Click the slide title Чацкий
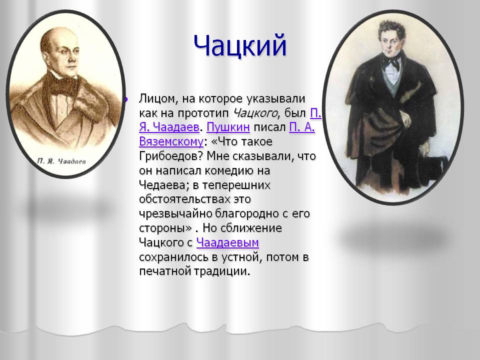click(x=240, y=46)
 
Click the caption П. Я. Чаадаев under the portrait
click(x=61, y=161)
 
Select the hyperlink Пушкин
click(x=228, y=127)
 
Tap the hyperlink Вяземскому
click(x=171, y=141)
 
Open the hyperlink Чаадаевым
click(x=227, y=242)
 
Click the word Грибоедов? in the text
click(x=171, y=156)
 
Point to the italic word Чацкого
click(x=255, y=113)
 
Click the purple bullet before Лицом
click(x=125, y=99)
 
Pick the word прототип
click(x=203, y=113)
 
